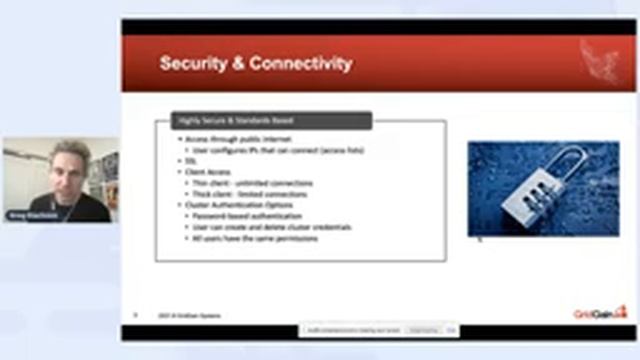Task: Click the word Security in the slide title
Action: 190,64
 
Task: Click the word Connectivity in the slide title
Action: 299,64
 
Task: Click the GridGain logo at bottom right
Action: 601,313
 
